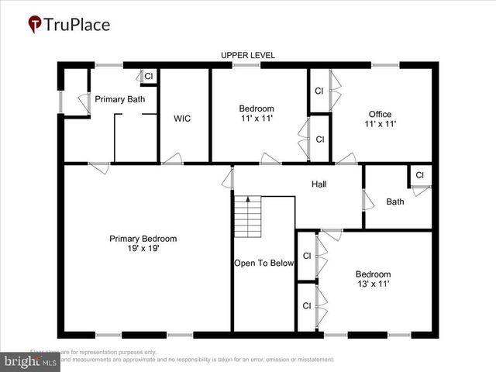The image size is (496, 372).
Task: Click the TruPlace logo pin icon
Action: click(x=35, y=25)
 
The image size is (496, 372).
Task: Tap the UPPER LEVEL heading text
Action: click(x=248, y=55)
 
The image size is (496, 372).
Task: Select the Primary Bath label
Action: click(x=120, y=99)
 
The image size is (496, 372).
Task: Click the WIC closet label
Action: click(x=182, y=119)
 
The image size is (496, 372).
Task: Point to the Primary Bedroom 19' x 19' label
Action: click(x=143, y=243)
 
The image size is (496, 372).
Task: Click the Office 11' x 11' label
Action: click(x=380, y=119)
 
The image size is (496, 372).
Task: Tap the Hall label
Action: click(x=319, y=184)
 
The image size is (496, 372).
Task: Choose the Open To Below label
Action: click(x=264, y=263)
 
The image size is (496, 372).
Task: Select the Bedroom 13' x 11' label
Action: click(x=373, y=279)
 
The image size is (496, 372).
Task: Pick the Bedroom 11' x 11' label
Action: click(x=257, y=113)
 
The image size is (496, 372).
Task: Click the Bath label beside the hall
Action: click(x=395, y=202)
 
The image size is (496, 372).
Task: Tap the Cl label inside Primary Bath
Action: click(x=149, y=76)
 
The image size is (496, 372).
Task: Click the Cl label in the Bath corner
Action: click(x=419, y=175)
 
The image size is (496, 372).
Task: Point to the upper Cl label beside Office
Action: click(x=319, y=91)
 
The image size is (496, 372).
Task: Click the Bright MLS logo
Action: click(x=31, y=361)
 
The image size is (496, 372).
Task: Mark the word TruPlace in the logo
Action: click(x=77, y=25)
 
